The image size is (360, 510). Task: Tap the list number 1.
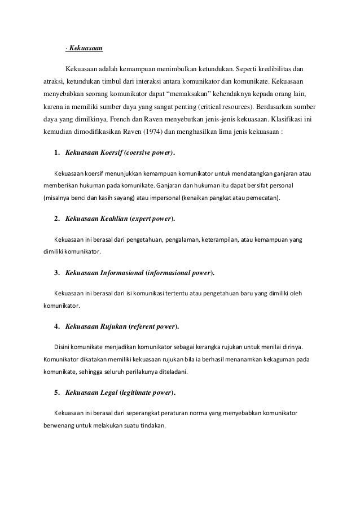[x=56, y=152]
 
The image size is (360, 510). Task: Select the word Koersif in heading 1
[x=106, y=152]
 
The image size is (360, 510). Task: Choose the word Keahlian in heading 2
[x=109, y=218]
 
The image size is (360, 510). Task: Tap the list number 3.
[x=56, y=273]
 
